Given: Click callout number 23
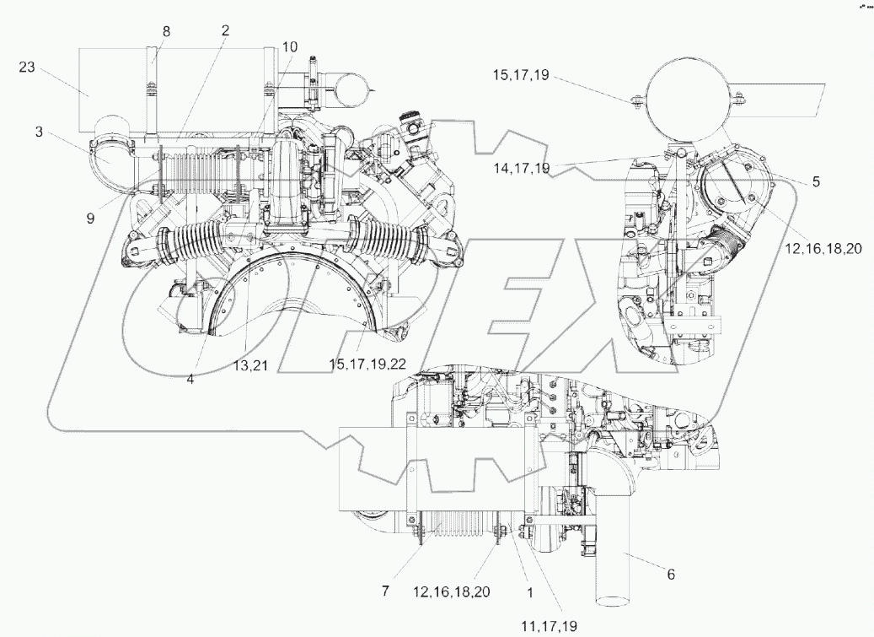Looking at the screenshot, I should point(27,67).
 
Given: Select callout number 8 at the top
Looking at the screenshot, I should point(166,31).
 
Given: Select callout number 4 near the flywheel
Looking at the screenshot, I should point(190,380).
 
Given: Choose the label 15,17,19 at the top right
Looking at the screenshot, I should point(521,75).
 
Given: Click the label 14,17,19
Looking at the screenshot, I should point(521,169).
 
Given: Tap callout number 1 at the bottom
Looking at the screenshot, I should point(528,593).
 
